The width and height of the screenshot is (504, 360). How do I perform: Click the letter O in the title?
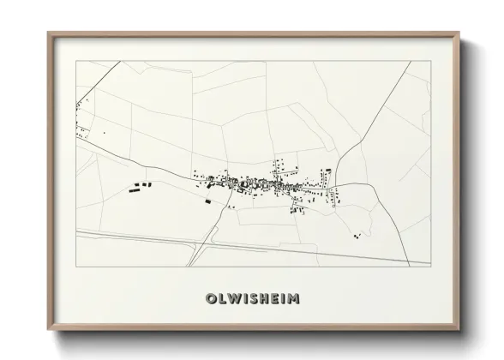tap(211, 299)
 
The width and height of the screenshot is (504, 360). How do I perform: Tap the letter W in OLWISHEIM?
tap(234, 299)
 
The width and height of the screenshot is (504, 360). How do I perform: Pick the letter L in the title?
tap(222, 299)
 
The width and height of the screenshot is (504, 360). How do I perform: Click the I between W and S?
tap(245, 299)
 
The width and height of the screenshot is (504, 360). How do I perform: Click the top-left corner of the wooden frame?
tap(48, 33)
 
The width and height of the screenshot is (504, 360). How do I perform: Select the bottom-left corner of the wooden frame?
tap(48, 329)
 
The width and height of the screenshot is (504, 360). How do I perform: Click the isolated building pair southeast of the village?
tap(357, 234)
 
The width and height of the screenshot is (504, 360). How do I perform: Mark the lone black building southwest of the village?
tap(207, 201)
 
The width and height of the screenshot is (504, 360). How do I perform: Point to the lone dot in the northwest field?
tap(105, 134)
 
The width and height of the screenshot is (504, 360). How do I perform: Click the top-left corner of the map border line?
tap(76, 61)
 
